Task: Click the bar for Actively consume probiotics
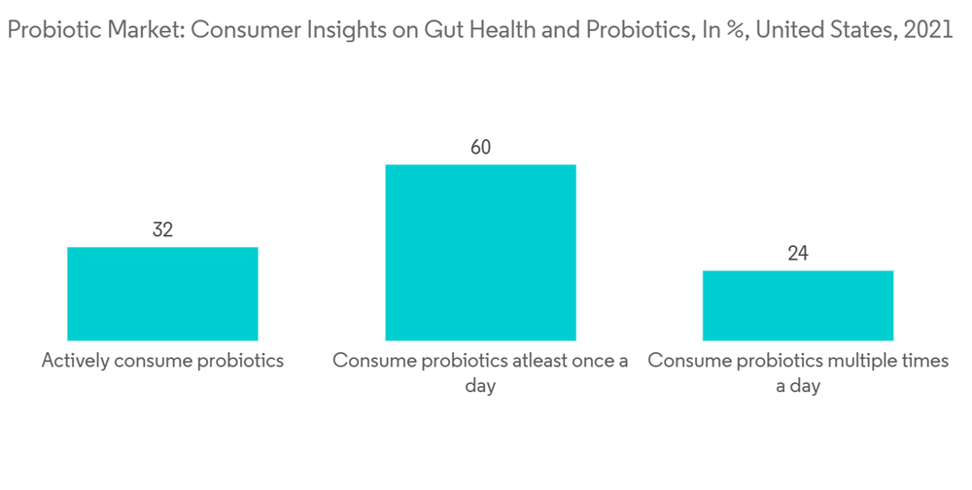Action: [x=162, y=293]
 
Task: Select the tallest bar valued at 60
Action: [x=480, y=252]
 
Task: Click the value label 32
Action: [x=162, y=230]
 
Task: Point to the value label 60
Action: [x=480, y=148]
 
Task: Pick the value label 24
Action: [x=798, y=254]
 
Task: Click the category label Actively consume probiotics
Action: [x=162, y=361]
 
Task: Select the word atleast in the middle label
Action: [x=544, y=361]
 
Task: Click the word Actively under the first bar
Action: [x=75, y=361]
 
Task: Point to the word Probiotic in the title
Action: [x=46, y=30]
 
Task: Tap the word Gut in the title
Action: [x=383, y=30]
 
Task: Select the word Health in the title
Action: [x=434, y=30]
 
